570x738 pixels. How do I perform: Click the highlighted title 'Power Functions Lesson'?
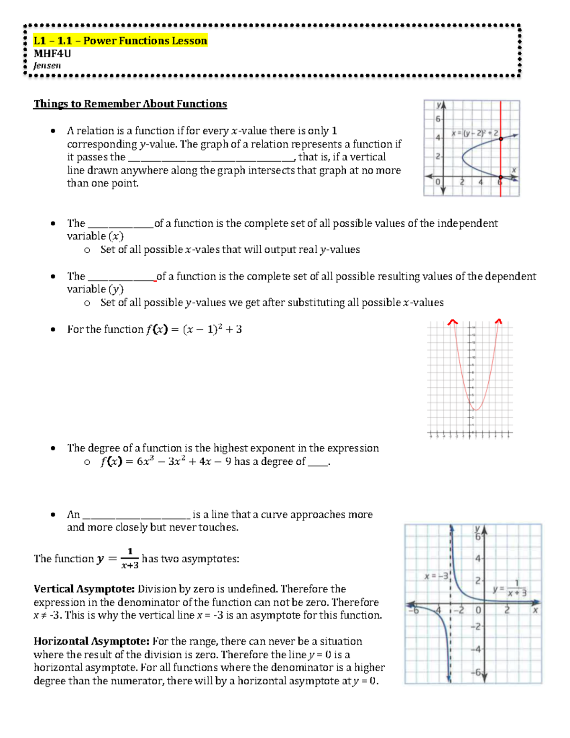pos(145,41)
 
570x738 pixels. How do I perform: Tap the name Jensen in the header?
pos(47,66)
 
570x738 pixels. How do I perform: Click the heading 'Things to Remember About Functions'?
pos(130,104)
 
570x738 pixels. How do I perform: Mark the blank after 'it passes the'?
pos(212,159)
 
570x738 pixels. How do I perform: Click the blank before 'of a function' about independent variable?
pos(121,225)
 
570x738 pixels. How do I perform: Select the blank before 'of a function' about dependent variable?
pos(122,278)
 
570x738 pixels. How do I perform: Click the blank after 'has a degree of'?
pos(318,463)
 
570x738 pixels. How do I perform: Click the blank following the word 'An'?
pos(136,516)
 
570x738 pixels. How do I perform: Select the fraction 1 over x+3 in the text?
pos(130,558)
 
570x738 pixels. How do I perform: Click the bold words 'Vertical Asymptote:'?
pos(84,589)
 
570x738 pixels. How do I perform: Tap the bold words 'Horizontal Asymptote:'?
pos(91,642)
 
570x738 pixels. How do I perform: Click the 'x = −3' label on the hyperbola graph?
pos(436,576)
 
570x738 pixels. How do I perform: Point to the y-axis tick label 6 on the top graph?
pos(437,119)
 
